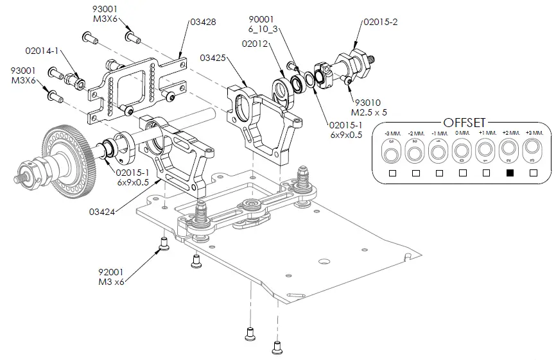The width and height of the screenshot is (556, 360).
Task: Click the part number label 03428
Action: pyautogui.click(x=203, y=22)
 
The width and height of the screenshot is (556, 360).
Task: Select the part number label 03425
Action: pyautogui.click(x=213, y=58)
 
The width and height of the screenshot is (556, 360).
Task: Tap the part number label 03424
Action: pyautogui.click(x=102, y=210)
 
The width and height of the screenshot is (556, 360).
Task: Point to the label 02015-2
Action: pyautogui.click(x=381, y=22)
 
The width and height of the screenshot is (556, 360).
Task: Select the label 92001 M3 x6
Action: pyautogui.click(x=111, y=277)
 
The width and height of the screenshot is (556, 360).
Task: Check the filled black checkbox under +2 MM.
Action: pyautogui.click(x=510, y=173)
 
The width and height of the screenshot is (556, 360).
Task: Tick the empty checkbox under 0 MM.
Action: pyautogui.click(x=462, y=173)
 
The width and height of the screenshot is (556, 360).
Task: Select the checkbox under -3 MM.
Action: pyautogui.click(x=392, y=173)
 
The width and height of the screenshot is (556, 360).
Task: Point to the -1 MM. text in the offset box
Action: pyautogui.click(x=439, y=133)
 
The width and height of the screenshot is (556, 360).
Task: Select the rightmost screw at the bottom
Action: pyautogui.click(x=277, y=348)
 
